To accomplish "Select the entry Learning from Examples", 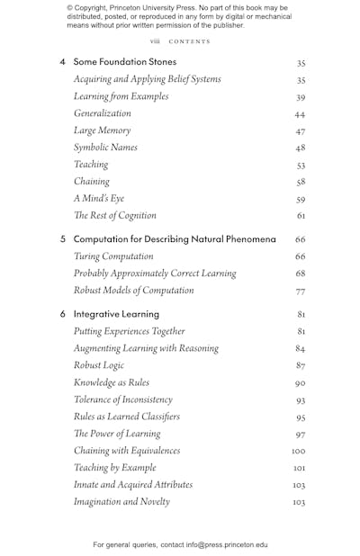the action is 121,96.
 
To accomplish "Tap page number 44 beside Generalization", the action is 300,115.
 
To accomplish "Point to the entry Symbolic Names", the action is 105,148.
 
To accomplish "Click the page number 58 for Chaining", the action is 300,183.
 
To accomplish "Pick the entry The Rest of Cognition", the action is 114,216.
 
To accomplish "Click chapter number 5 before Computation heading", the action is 63,239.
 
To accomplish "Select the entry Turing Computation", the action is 113,256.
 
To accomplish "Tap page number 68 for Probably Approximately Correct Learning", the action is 300,274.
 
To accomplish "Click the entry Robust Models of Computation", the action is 133,291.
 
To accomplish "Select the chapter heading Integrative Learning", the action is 116,314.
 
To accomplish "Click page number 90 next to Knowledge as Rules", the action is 300,383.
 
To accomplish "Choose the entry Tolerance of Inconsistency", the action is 122,399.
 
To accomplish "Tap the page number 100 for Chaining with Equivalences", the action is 299,452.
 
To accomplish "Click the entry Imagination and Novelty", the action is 121,501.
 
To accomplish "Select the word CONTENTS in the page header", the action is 189,41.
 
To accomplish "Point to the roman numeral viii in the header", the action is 155,41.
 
